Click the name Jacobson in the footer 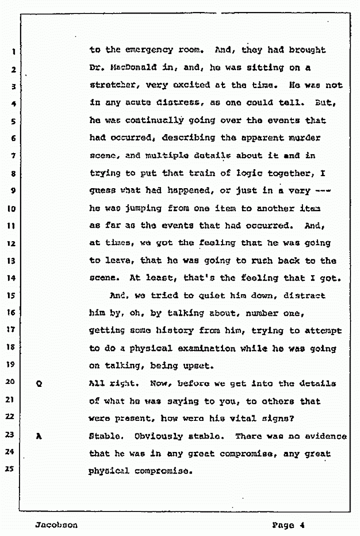coord(56,525)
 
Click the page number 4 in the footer coord(302,525)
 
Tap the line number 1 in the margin coord(14,51)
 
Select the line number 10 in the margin coord(13,208)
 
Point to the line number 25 coord(13,470)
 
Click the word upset coord(198,366)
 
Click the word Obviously coord(159,436)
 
